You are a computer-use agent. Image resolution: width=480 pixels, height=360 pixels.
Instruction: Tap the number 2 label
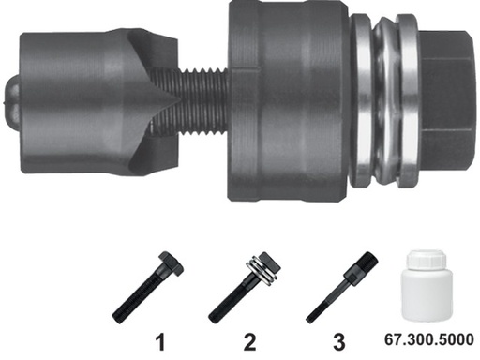pos(249,338)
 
